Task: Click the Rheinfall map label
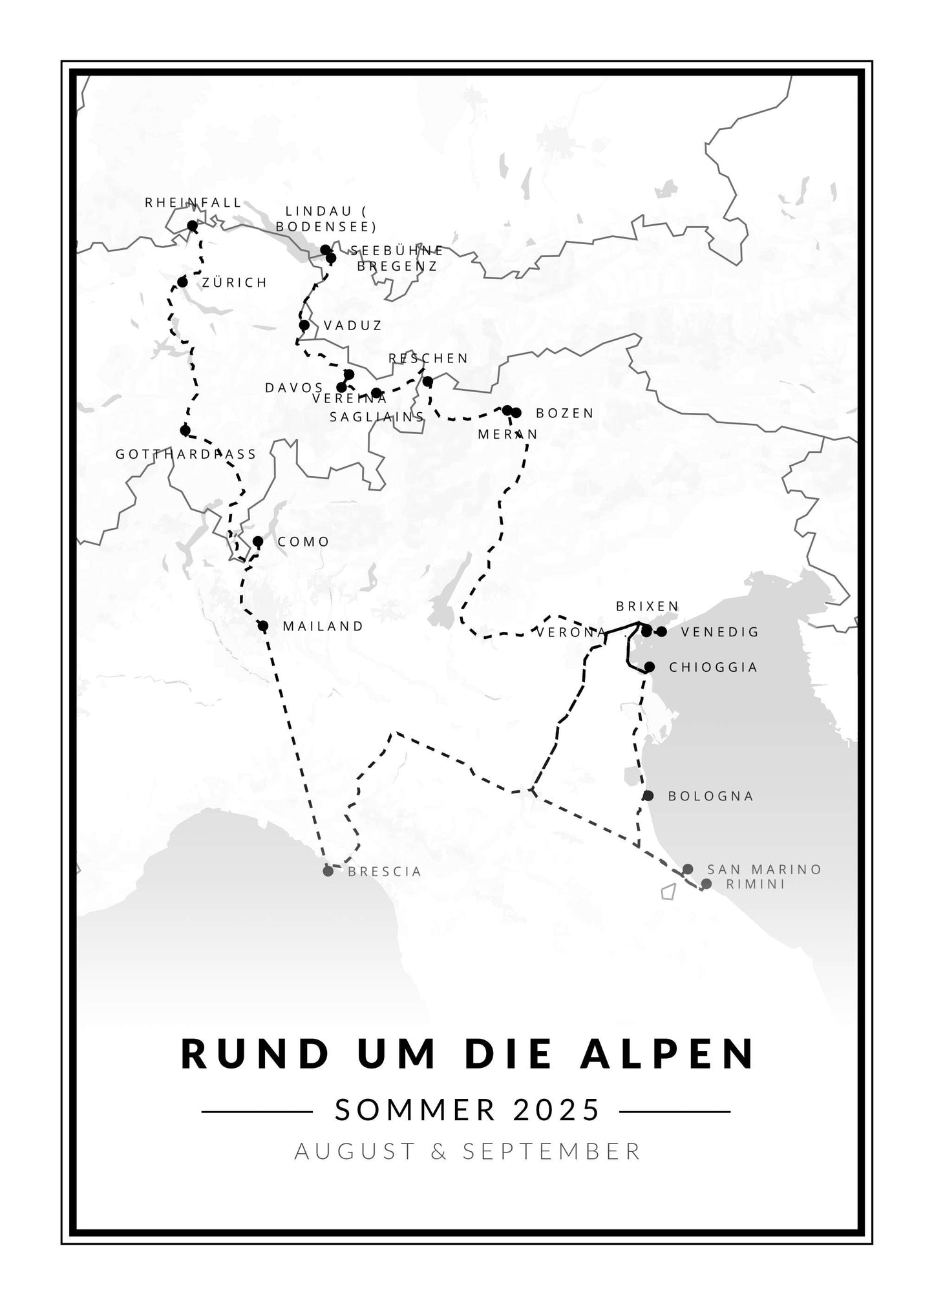pos(193,202)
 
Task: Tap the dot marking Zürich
pos(182,282)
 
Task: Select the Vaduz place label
pos(353,326)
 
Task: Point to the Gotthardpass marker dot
pos(186,430)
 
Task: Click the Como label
pos(303,542)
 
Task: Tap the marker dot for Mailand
pos(262,625)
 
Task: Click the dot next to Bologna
pos(648,796)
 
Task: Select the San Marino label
pos(764,870)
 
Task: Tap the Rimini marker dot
pos(706,884)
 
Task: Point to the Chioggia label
pos(713,667)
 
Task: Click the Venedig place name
pos(719,632)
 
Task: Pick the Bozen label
pos(565,413)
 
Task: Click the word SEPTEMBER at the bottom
pos(551,1151)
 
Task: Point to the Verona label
pos(571,632)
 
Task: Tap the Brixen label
pos(647,606)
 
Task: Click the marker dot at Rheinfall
pos(192,225)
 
